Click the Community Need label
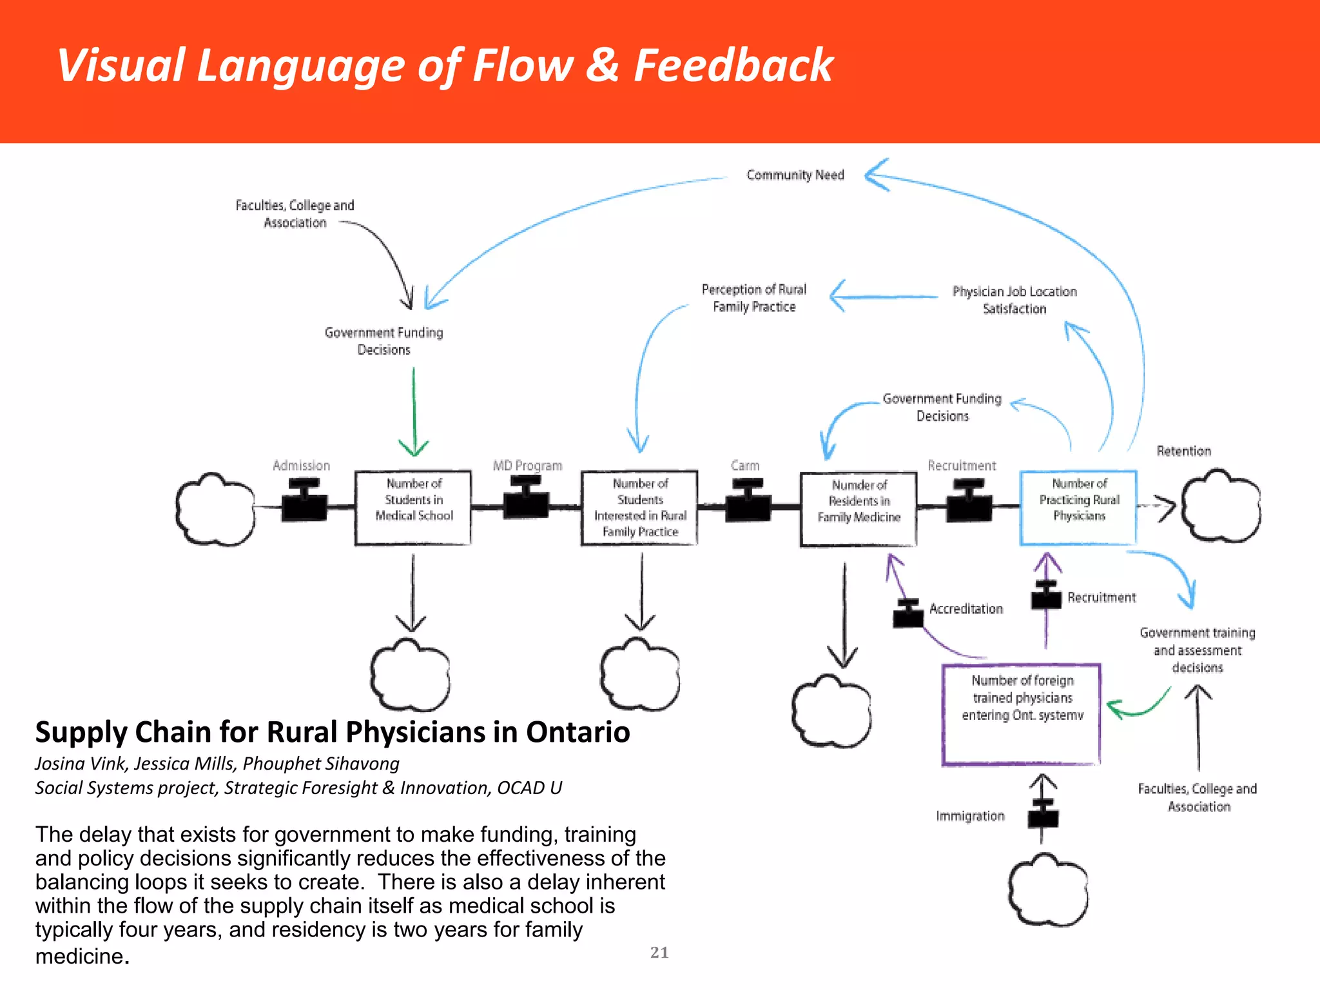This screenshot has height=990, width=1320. (x=795, y=175)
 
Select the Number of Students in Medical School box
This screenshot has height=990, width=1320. (x=413, y=508)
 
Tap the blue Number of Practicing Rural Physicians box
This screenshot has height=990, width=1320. (x=1078, y=508)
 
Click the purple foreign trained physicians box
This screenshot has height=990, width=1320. (x=1022, y=714)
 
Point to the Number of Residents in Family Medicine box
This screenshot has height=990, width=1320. (x=859, y=509)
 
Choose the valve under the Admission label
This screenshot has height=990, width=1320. (x=304, y=501)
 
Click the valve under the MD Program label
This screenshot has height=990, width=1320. (x=527, y=498)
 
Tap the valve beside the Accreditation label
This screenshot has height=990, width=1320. (x=908, y=614)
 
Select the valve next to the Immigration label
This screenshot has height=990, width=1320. (x=1043, y=815)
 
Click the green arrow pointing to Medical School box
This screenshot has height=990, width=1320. (x=414, y=412)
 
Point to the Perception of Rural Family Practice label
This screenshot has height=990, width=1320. (x=753, y=298)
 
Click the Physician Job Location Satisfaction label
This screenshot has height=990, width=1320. (x=1014, y=300)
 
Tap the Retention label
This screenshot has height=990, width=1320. (x=1183, y=451)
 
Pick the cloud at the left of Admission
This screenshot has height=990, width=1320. (x=215, y=510)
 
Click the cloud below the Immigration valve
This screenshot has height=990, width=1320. (x=1048, y=891)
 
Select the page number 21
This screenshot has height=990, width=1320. (x=659, y=953)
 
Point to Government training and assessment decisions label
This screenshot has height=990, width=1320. (x=1198, y=650)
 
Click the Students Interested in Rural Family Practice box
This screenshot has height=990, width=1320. (x=639, y=508)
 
